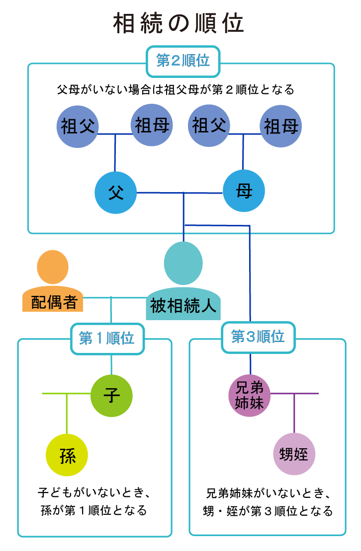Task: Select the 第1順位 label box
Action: click(107, 339)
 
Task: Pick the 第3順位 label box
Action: click(258, 337)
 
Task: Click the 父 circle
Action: click(116, 193)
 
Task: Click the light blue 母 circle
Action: click(244, 192)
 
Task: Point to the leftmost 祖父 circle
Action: click(78, 125)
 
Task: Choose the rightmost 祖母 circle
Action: click(281, 126)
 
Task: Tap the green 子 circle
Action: click(111, 396)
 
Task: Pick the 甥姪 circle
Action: click(294, 454)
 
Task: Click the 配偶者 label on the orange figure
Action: click(54, 302)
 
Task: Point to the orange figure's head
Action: click(52, 267)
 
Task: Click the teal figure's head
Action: click(183, 263)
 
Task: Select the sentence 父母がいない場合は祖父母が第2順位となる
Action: click(176, 90)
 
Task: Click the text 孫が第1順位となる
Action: click(93, 510)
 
